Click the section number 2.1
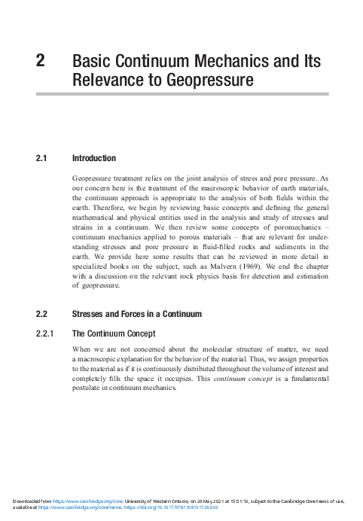click(x=41, y=159)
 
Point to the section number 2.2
click(x=41, y=313)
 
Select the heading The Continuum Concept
click(x=113, y=333)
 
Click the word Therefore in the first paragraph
click(x=111, y=204)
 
